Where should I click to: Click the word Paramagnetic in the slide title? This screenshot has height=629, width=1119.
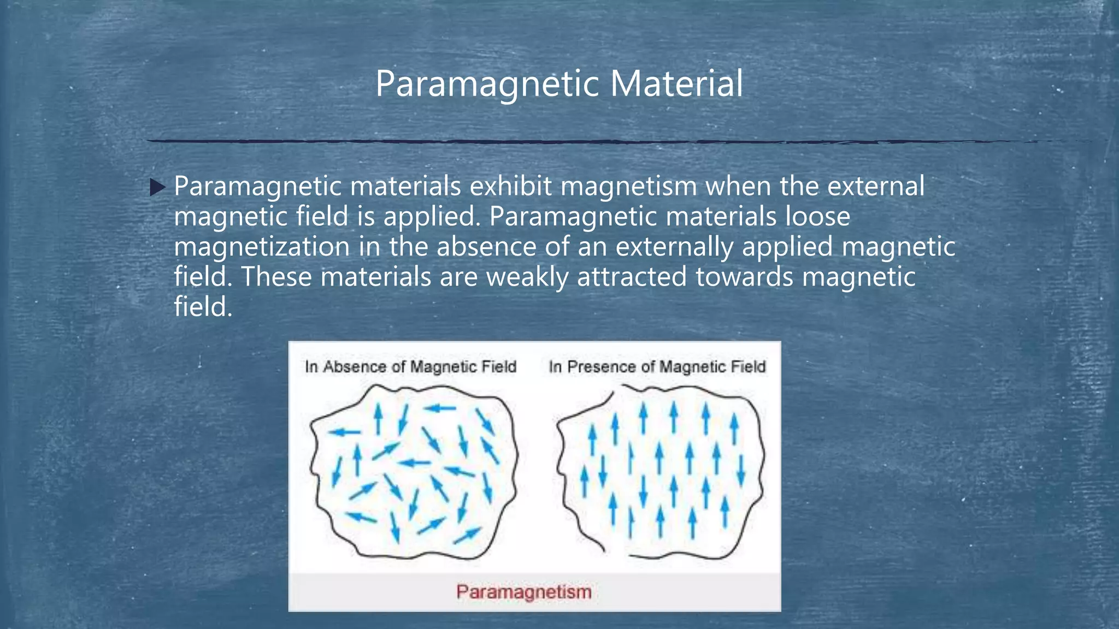point(488,84)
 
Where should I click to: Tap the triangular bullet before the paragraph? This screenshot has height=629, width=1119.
point(157,188)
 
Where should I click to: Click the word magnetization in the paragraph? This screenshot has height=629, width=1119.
point(262,247)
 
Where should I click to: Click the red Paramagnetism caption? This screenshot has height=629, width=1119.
point(523,592)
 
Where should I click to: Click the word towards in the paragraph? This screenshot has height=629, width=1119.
point(744,277)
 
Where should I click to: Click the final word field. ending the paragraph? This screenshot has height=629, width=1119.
point(203,307)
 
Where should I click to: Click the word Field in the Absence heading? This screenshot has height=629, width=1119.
point(499,366)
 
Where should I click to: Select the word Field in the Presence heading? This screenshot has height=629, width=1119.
point(748,366)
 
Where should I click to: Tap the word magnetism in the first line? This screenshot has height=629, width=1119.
point(628,188)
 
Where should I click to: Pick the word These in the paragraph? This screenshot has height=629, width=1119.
point(276,277)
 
